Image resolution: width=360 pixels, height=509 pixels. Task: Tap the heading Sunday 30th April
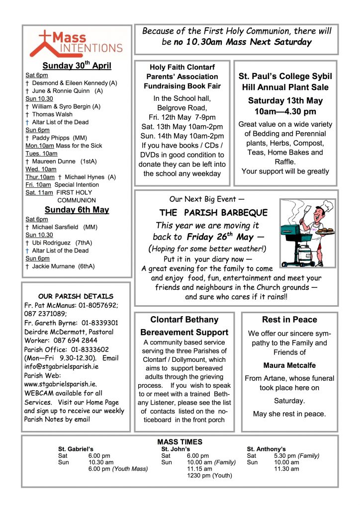(x=77, y=66)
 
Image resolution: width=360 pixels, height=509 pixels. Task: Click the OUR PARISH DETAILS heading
(x=76, y=296)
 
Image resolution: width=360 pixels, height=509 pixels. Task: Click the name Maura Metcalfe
(x=289, y=365)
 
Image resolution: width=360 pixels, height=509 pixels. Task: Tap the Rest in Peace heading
(x=289, y=320)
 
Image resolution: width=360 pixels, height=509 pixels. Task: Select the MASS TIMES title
(x=180, y=442)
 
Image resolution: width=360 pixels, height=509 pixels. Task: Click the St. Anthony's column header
(x=266, y=449)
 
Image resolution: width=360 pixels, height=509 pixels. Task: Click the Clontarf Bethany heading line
(x=184, y=320)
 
